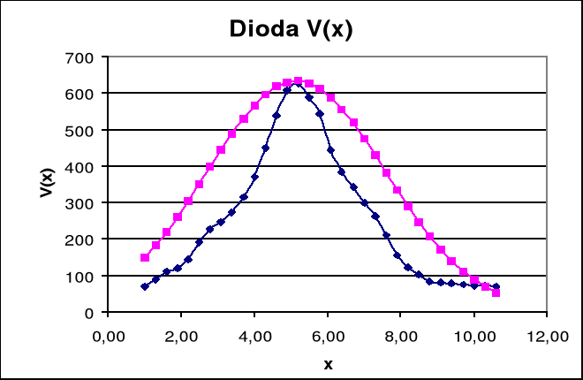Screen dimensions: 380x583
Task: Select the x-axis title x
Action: pos(328,363)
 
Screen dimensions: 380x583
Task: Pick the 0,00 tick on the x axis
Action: pos(109,335)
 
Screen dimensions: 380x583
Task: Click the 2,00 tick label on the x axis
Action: pos(181,335)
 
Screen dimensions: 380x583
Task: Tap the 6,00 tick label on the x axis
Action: pos(328,335)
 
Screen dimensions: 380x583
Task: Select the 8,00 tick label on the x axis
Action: pos(401,335)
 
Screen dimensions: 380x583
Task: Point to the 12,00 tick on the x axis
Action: pos(547,335)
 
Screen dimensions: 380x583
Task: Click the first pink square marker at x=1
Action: pos(145,258)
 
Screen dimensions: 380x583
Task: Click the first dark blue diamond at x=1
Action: pos(145,286)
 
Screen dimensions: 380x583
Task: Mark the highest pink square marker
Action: pos(298,81)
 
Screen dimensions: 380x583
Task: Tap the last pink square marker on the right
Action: pos(496,293)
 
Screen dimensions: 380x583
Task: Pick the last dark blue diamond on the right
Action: pos(496,286)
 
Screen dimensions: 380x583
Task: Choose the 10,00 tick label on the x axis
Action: pos(474,335)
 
